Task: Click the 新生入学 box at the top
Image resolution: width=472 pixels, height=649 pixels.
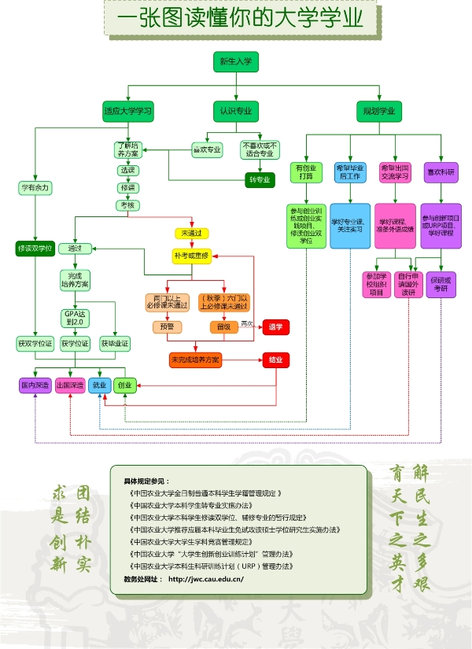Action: (x=236, y=62)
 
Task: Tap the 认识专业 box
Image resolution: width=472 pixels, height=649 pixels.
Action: (x=236, y=111)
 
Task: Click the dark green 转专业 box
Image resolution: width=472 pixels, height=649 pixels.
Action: (x=259, y=180)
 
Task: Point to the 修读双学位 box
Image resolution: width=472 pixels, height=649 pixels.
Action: (x=35, y=249)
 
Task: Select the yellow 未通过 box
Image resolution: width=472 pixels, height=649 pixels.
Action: (x=192, y=234)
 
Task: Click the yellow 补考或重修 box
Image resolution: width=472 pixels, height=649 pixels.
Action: (x=192, y=256)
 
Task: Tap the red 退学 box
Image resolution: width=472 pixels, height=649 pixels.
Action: (x=275, y=326)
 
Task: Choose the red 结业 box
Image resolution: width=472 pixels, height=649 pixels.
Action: (x=275, y=360)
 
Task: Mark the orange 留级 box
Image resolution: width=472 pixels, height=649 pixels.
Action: (x=223, y=326)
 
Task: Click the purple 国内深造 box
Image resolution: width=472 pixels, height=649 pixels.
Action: (x=35, y=385)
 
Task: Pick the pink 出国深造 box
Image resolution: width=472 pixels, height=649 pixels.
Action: (x=71, y=385)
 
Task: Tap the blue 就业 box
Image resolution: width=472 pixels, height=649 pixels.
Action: (x=100, y=385)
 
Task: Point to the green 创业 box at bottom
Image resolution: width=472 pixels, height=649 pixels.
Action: (x=124, y=385)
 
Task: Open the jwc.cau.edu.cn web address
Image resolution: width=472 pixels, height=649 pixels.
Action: (x=206, y=580)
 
